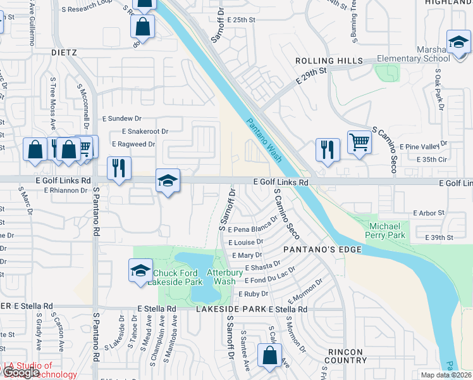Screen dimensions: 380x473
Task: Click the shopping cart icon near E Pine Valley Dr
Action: (x=359, y=142)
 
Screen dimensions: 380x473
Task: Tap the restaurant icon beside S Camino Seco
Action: (x=327, y=149)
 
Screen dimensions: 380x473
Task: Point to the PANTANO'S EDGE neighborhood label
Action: (x=322, y=250)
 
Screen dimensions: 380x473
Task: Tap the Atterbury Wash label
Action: (x=224, y=277)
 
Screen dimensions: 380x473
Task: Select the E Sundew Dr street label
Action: (x=122, y=118)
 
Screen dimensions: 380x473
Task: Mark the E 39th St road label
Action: (x=442, y=237)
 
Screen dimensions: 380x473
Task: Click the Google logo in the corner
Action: (x=20, y=372)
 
